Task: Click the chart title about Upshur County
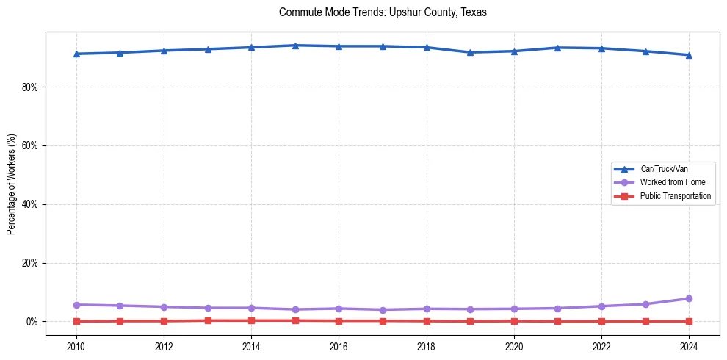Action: pos(383,12)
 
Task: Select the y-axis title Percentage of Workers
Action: pos(11,184)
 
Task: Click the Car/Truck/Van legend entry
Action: pos(663,169)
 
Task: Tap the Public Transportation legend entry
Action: pos(675,196)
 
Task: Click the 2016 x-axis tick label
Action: pos(339,346)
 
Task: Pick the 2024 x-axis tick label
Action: pos(689,346)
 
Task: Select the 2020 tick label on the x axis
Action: pos(514,346)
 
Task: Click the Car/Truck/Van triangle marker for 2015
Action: pos(295,46)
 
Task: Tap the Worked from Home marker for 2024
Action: pos(689,298)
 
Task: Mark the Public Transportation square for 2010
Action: pos(76,321)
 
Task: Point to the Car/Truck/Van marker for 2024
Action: pos(689,55)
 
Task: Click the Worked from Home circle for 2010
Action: pos(76,305)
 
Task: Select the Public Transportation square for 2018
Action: pos(427,321)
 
